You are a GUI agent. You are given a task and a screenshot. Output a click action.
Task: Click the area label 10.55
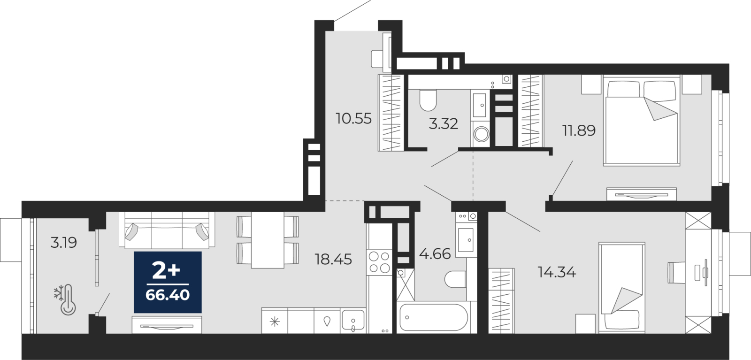[354, 119]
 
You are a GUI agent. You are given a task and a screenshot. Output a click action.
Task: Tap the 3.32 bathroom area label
[443, 124]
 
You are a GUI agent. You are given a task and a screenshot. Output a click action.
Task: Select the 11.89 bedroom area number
[579, 130]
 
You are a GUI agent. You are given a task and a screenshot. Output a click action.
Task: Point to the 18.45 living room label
[333, 259]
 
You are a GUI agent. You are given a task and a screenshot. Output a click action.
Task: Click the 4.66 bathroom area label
[435, 254]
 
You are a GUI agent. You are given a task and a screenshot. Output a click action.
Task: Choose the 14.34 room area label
[557, 272]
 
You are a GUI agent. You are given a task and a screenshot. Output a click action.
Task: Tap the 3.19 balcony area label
[64, 242]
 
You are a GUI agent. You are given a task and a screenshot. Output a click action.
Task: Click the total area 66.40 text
[168, 295]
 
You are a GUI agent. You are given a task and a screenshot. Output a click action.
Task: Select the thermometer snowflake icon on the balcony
[65, 299]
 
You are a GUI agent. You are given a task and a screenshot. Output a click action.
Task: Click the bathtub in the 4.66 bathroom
[434, 317]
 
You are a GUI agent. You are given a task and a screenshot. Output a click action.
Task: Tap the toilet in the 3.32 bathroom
[428, 100]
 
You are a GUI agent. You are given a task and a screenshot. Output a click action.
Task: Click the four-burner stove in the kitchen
[379, 262]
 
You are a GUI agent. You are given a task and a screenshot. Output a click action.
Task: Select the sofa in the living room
[167, 230]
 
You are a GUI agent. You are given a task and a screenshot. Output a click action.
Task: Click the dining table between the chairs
[268, 240]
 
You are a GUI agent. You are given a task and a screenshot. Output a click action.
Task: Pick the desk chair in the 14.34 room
[676, 273]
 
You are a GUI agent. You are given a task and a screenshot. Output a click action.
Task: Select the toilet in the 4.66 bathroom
[455, 279]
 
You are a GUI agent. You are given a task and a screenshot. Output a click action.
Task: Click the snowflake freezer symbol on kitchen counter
[275, 322]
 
